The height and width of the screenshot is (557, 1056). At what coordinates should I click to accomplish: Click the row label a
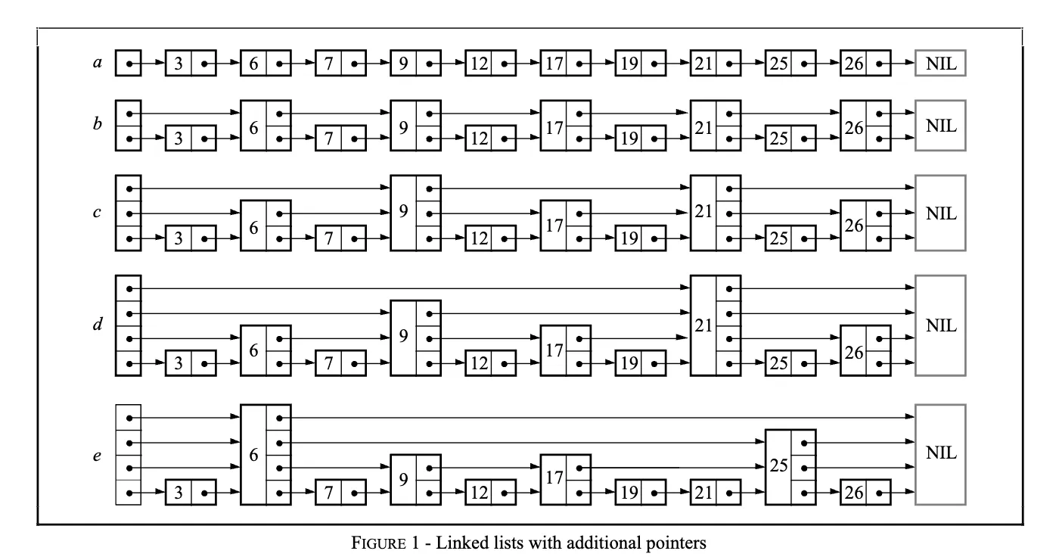[97, 64]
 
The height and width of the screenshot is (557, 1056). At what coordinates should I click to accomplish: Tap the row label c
[97, 213]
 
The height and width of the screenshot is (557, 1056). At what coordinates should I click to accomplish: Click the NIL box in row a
[940, 64]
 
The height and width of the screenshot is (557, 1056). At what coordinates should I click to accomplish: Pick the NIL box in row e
[940, 454]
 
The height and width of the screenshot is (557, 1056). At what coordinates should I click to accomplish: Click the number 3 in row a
[178, 64]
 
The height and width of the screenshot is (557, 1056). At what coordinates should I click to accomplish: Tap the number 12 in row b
[477, 139]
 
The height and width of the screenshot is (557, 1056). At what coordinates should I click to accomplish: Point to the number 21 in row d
[703, 326]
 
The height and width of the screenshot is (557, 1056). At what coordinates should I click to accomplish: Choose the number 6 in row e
[253, 455]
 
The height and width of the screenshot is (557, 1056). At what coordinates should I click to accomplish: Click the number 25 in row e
[778, 467]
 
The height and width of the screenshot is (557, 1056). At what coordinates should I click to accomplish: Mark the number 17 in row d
[554, 351]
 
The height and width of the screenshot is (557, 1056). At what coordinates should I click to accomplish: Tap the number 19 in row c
[628, 239]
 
